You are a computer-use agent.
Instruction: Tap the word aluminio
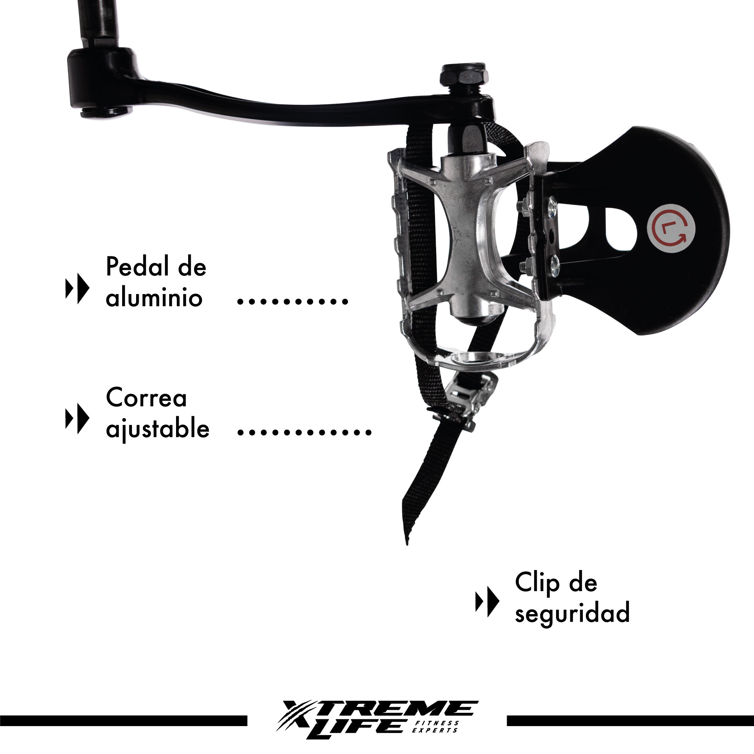tap(154, 298)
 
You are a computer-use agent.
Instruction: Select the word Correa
tap(146, 398)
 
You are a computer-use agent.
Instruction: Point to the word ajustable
tap(157, 429)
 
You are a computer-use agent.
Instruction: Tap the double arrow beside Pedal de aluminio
tap(77, 288)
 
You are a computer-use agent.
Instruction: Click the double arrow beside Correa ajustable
tap(77, 418)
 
